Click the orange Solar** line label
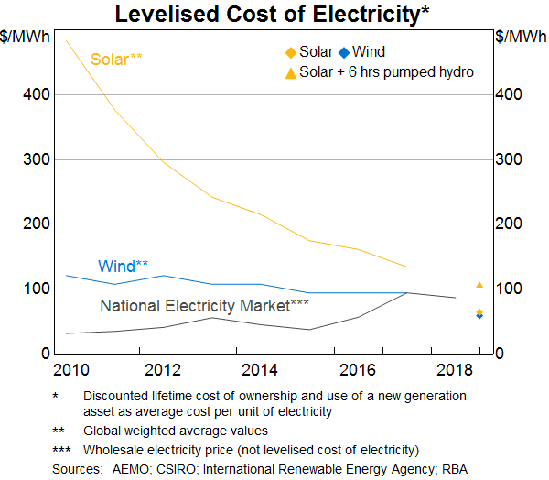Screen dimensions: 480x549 [116, 60]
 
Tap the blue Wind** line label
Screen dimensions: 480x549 [123, 267]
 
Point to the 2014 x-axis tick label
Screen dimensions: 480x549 [261, 370]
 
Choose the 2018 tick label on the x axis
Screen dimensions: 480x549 [455, 370]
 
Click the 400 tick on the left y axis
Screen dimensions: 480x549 [36, 95]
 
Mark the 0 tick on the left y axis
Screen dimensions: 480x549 [43, 354]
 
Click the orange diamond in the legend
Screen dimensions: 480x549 [290, 52]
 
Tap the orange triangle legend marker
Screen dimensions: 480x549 [290, 71]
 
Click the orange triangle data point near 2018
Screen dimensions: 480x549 [479, 285]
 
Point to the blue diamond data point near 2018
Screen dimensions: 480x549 [479, 316]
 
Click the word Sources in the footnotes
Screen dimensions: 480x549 [77, 468]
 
